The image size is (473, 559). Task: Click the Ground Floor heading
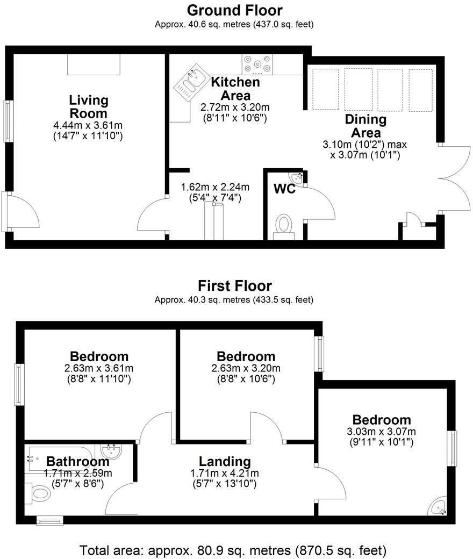click(x=234, y=10)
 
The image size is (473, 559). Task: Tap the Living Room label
click(x=88, y=107)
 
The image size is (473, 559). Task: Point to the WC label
click(x=284, y=189)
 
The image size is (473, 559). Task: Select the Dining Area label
click(x=365, y=126)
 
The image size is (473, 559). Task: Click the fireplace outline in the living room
click(x=94, y=64)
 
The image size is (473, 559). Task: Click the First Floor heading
click(x=234, y=285)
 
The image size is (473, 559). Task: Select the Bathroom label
click(x=77, y=461)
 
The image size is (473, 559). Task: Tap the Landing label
click(x=225, y=461)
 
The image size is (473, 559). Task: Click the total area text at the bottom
click(x=233, y=550)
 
